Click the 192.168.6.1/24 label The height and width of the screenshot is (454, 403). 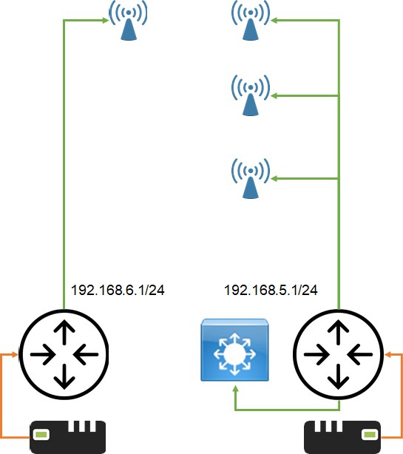coord(118,290)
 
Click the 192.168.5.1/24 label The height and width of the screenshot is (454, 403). coord(271,290)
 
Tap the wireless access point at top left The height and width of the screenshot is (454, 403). coord(128,20)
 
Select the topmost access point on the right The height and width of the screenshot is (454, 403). coord(251,20)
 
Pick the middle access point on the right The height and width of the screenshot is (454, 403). coord(251,95)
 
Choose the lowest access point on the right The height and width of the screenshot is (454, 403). coord(251,179)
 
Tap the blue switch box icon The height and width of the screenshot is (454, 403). coord(235,350)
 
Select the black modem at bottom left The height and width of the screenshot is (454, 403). coord(68,437)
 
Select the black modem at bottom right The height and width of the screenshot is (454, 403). coord(342,437)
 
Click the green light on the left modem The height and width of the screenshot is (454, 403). coord(41,435)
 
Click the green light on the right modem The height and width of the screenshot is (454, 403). coord(370,435)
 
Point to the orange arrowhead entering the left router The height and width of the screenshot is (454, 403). coord(15,354)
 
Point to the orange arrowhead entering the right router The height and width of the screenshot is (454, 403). coord(388,354)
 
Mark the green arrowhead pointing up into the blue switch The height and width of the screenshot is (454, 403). coord(235,389)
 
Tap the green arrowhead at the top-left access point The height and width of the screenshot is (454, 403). coord(105,20)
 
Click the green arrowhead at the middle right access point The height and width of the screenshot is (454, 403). coord(274,95)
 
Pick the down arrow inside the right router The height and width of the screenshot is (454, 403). coord(338,376)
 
